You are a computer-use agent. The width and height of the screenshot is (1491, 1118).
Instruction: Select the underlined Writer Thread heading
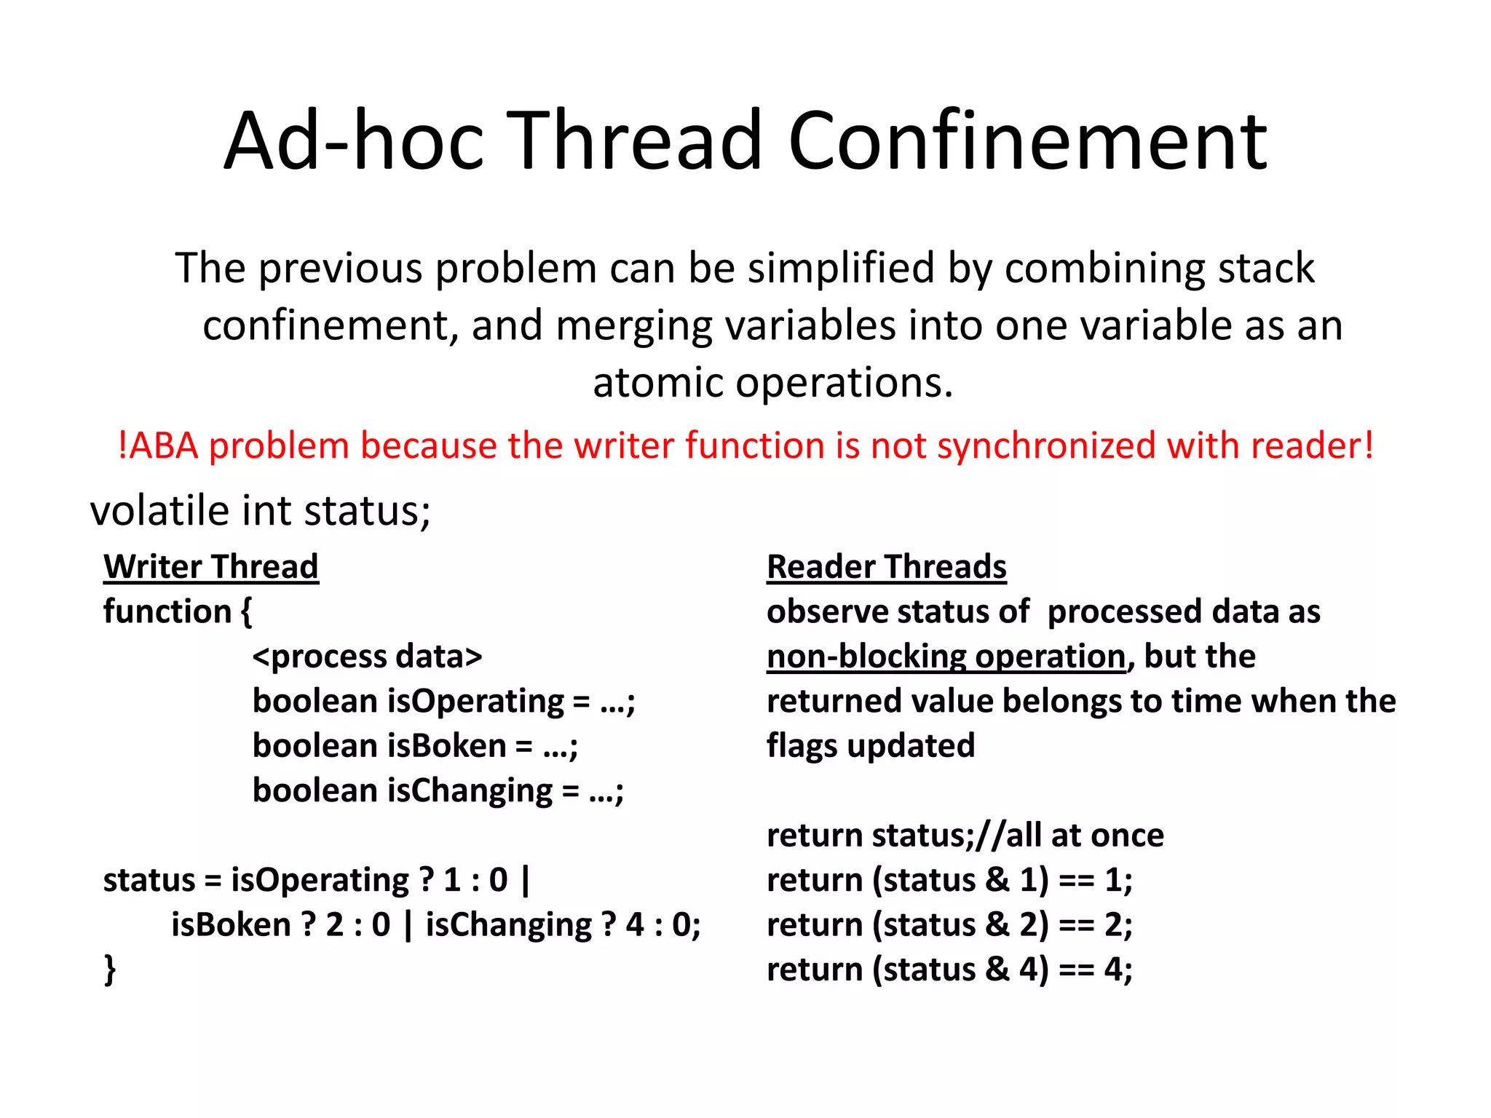[211, 566]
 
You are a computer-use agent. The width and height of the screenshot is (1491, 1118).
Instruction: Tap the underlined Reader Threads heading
[886, 566]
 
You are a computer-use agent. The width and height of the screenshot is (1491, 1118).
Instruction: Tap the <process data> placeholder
[367, 657]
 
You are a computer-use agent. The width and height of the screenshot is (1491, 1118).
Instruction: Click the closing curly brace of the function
[110, 970]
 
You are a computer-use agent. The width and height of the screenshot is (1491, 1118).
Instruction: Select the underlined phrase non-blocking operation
[946, 657]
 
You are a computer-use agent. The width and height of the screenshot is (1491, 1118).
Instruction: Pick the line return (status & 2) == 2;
[949, 925]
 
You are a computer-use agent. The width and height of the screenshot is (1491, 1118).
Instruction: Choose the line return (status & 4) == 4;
[949, 970]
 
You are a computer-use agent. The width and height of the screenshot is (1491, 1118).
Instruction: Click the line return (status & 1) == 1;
[949, 881]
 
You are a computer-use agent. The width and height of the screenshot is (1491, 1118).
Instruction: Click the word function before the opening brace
[167, 611]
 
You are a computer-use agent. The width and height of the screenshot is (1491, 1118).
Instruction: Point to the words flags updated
[870, 746]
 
